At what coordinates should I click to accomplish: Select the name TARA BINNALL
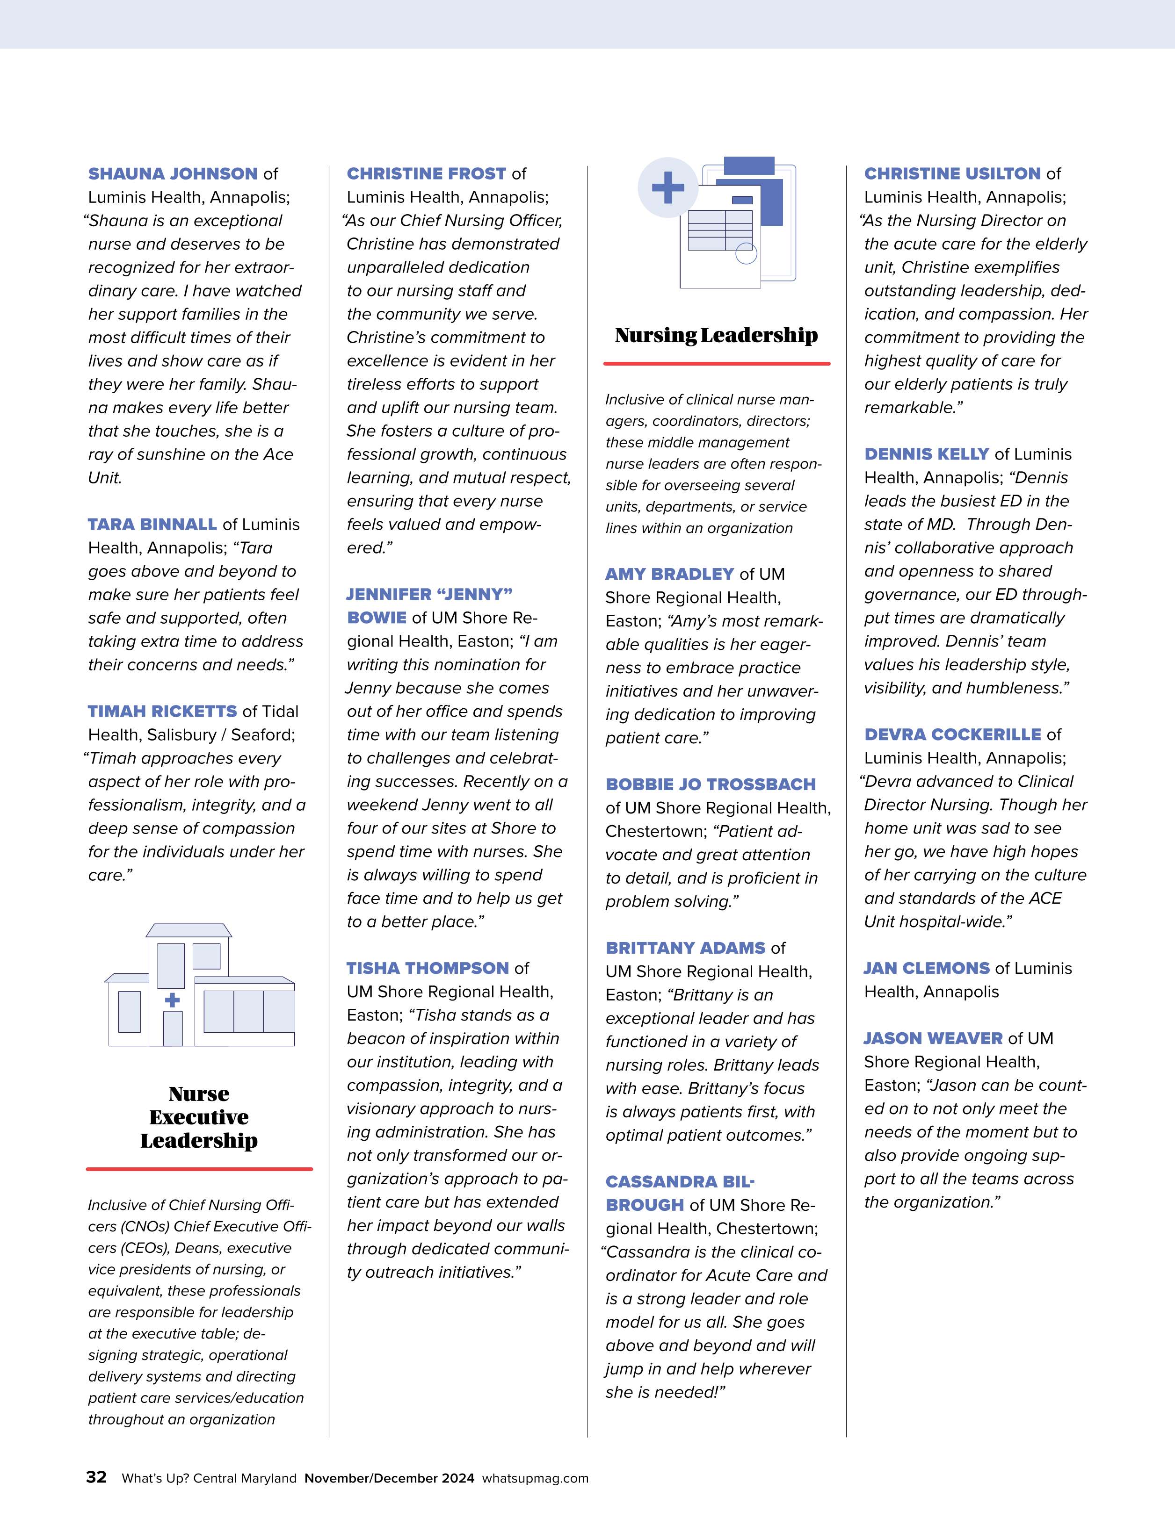[152, 525]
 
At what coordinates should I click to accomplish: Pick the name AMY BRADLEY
[669, 574]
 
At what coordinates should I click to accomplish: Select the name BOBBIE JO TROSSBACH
[711, 784]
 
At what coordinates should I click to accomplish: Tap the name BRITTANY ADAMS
[685, 948]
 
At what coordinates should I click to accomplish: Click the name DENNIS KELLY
[926, 454]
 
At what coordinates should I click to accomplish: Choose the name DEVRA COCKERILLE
[952, 734]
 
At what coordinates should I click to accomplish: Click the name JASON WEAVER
[933, 1038]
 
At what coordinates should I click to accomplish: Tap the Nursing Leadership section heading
[716, 335]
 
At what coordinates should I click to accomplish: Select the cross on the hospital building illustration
[172, 1000]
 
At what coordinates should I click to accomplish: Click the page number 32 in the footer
[96, 1477]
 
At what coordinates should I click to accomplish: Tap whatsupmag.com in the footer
[535, 1478]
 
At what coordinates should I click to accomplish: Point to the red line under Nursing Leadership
[716, 364]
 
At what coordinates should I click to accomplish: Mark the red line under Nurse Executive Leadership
[199, 1169]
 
